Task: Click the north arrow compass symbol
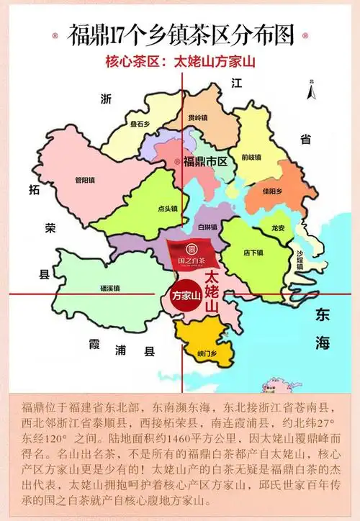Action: point(311,91)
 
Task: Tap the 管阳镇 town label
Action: point(85,181)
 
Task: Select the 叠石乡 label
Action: point(140,124)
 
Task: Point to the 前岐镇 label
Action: point(251,156)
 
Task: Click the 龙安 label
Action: point(278,227)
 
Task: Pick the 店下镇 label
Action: point(253,252)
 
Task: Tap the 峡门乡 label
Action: point(206,354)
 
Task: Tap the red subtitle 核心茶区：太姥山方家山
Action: point(180,61)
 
